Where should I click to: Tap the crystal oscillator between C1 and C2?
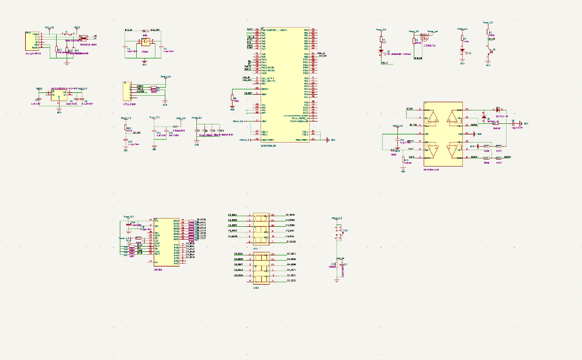click(145, 41)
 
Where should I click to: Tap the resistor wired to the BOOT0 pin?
click(233, 98)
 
